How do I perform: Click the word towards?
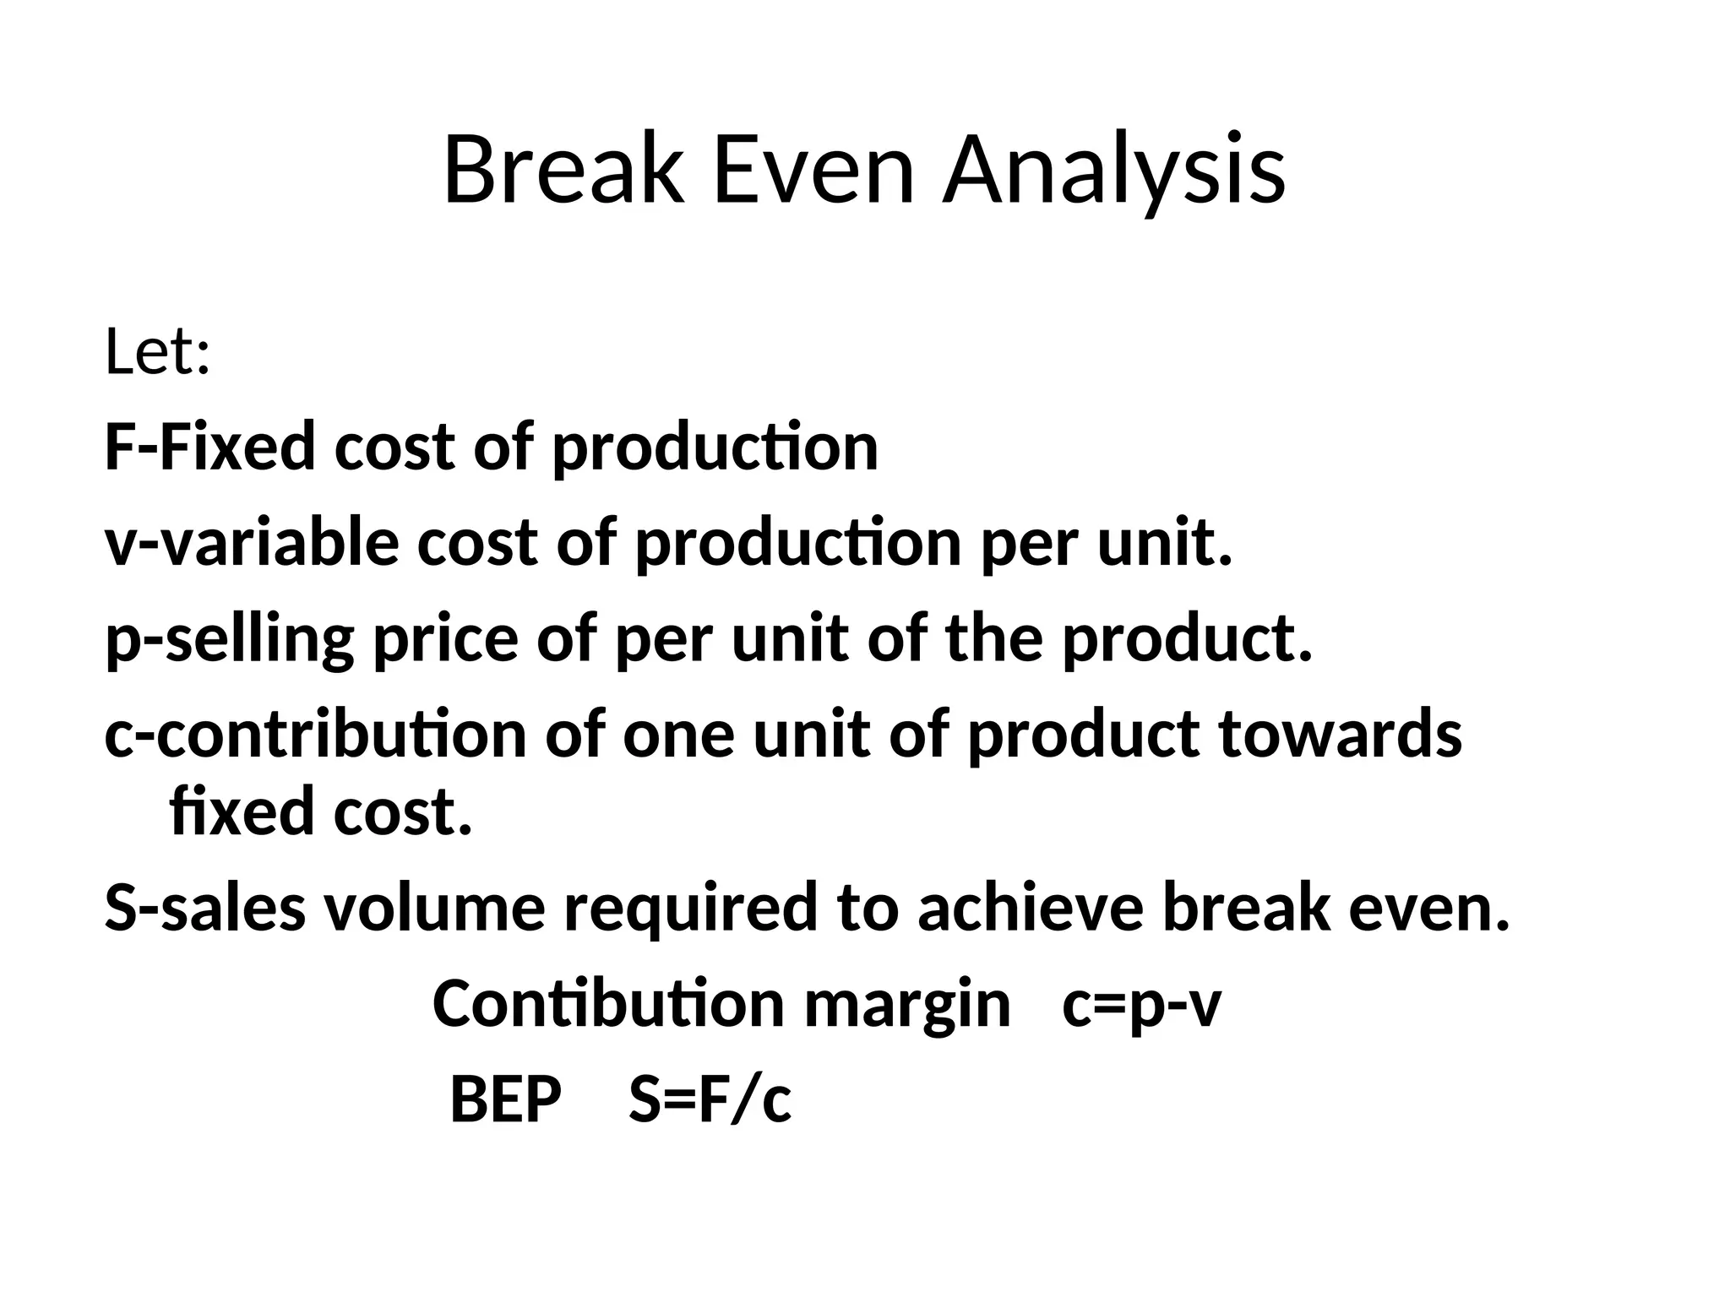(1341, 734)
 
